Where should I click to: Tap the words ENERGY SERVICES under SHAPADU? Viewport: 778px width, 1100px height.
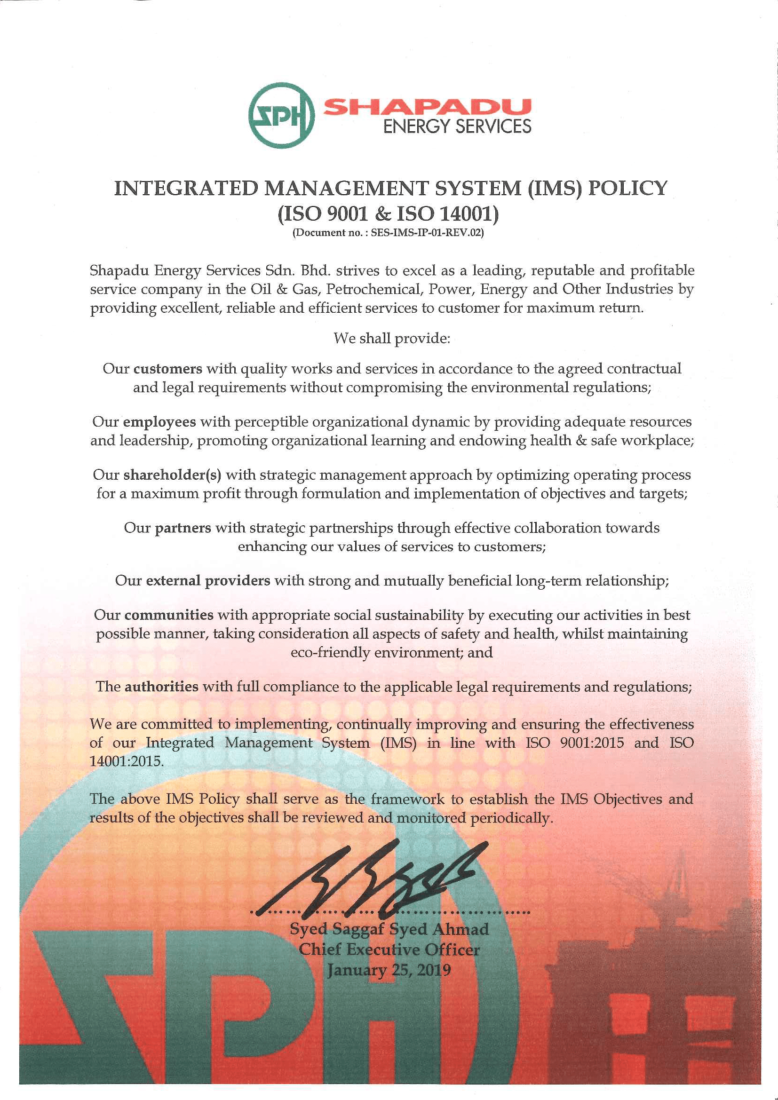(458, 127)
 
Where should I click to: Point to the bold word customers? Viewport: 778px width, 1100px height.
(167, 369)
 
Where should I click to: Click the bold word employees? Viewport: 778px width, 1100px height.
(159, 422)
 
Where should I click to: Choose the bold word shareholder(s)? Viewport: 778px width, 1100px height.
(173, 475)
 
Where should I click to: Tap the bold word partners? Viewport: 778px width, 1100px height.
(183, 528)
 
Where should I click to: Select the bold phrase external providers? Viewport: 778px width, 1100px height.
(208, 581)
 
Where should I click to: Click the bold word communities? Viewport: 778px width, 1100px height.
(169, 615)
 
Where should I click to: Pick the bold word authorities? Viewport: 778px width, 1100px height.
(161, 687)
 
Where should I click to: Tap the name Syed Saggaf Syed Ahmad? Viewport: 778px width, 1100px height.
(389, 929)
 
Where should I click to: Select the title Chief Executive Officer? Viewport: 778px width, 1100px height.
(389, 950)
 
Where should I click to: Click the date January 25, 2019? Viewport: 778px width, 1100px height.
(389, 970)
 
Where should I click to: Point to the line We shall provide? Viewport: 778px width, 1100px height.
(392, 339)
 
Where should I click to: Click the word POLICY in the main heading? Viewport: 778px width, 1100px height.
(627, 188)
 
